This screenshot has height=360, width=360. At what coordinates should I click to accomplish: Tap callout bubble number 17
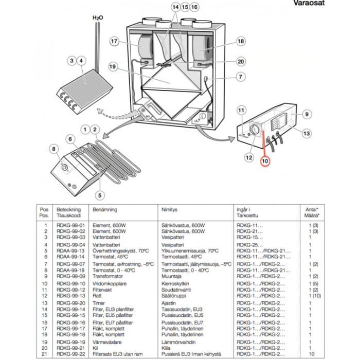pyautogui.click(x=114, y=41)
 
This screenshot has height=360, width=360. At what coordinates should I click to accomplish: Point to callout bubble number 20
pyautogui.click(x=241, y=61)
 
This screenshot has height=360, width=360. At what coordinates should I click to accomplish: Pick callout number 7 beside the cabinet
pyautogui.click(x=241, y=77)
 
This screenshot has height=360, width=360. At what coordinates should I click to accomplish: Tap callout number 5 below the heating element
pyautogui.click(x=101, y=195)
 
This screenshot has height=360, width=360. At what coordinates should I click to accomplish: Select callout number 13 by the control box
pyautogui.click(x=307, y=134)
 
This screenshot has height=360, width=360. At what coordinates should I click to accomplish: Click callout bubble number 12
pyautogui.click(x=249, y=157)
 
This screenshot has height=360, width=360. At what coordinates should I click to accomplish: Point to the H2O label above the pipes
pyautogui.click(x=98, y=18)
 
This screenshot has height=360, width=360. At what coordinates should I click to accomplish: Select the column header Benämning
pyautogui.click(x=105, y=210)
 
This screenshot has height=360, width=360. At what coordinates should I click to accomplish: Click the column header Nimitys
pyautogui.click(x=170, y=210)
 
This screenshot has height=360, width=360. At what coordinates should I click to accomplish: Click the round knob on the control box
pyautogui.click(x=255, y=129)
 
